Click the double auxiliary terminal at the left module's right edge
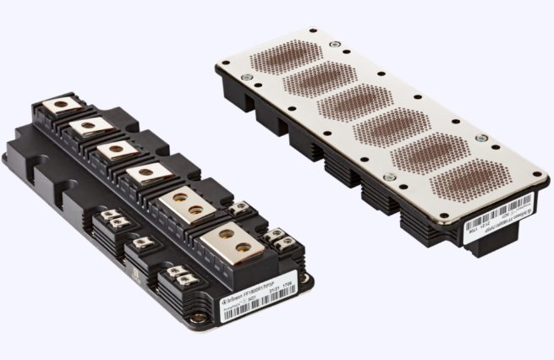coord(280,240)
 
